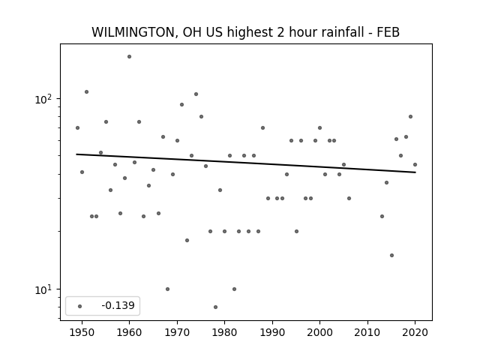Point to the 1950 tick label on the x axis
tap(82, 332)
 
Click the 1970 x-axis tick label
tap(177, 332)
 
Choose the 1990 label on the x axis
tap(272, 332)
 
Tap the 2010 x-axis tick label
tap(367, 332)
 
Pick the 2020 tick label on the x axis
tap(415, 332)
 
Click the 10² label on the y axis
tap(43, 99)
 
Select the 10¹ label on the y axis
tap(43, 289)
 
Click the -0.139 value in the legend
tap(118, 305)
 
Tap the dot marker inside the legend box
tap(80, 306)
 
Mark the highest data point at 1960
tap(129, 57)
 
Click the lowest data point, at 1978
tap(215, 307)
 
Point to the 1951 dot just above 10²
tap(87, 91)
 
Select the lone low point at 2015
tap(391, 255)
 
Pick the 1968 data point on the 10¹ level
tap(167, 289)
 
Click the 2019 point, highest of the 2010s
tap(410, 117)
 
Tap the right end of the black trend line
tap(415, 172)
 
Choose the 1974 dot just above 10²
tap(196, 94)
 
